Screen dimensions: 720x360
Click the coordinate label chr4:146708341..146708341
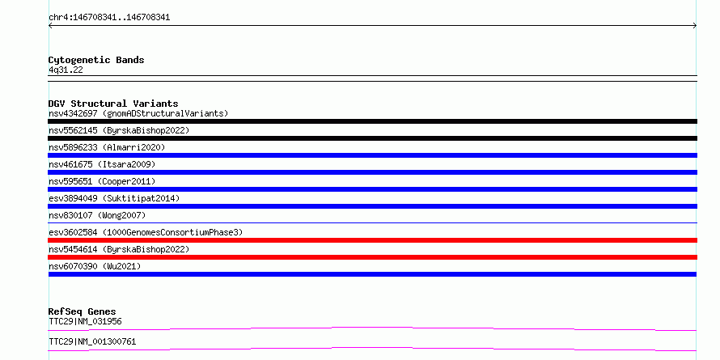point(109,18)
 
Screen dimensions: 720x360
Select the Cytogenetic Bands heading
point(96,60)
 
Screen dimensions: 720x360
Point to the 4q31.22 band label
point(66,70)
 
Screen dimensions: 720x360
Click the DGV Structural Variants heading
point(113,104)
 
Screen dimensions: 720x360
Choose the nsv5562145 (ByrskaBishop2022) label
point(119,130)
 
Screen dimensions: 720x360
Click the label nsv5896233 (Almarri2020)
point(107,147)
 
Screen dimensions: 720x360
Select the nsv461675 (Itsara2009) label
point(102,164)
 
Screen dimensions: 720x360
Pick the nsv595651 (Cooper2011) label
point(102,181)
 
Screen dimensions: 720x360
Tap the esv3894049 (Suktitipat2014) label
point(114,198)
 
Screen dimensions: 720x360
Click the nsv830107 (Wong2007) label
point(97,215)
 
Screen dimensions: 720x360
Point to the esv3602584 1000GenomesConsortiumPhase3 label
point(146,232)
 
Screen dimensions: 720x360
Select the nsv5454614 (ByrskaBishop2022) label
point(119,249)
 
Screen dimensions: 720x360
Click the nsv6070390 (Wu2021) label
point(95,266)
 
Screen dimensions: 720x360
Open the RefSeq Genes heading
point(83,311)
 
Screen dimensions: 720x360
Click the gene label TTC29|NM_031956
point(85,321)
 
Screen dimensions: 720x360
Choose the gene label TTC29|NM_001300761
point(92,342)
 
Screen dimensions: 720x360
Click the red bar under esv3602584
point(372,240)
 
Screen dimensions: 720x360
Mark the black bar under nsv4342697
point(372,121)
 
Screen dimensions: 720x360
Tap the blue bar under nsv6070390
point(372,274)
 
